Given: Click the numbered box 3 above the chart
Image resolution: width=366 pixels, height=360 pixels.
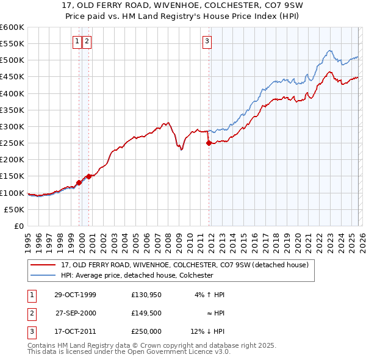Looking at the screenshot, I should coord(207,41).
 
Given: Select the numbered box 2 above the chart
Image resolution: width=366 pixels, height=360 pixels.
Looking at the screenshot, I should coord(87,41).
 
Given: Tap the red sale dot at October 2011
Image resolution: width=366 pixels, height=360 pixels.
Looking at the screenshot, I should coord(209,143).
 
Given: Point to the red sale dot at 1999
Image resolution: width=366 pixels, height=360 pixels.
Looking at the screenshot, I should coord(79,182).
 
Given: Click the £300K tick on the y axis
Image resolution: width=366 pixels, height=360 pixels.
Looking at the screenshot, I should coord(12,126).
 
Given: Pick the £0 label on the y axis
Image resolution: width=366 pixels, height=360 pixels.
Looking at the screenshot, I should coord(18,226).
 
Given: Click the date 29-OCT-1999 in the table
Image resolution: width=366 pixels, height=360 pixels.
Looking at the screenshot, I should coord(74,295).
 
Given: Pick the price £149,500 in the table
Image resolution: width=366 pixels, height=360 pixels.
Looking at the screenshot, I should coord(146,313).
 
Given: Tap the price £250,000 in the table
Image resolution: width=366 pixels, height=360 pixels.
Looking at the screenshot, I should coord(146,331).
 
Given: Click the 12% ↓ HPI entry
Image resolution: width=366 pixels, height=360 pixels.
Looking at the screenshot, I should coord(207,331).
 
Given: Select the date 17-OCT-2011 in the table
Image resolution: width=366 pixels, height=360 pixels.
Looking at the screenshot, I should coord(74,331).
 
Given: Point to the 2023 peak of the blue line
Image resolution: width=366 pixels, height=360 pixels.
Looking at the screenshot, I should coord(329,51).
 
